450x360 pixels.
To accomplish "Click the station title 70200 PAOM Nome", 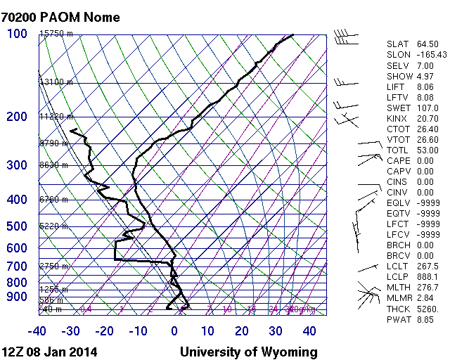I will click(61, 18).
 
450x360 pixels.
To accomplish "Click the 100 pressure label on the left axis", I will click(18, 34).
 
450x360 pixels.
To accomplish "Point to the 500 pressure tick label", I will click(18, 226).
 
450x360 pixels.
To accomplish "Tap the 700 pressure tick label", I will click(18, 266).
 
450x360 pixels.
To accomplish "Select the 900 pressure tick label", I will click(18, 297).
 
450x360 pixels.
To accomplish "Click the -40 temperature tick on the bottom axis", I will click(37, 331).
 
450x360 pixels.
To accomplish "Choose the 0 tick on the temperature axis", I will click(174, 331).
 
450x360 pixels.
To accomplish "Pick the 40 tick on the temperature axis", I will click(309, 331).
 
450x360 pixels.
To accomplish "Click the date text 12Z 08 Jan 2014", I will click(50, 352).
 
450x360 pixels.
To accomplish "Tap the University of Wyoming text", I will click(249, 352).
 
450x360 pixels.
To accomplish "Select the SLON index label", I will click(399, 55).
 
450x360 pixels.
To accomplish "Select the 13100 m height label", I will click(56, 82).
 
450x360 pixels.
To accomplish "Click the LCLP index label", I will click(398, 276).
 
